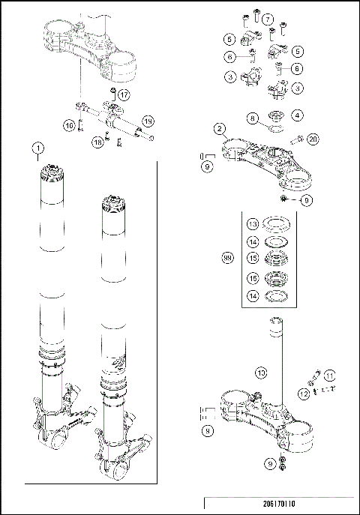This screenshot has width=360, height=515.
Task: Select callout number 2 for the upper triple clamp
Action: (x=219, y=128)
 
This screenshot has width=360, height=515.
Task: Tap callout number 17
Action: (x=124, y=94)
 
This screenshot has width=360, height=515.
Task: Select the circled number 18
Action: (x=97, y=141)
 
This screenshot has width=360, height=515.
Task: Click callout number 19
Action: (x=148, y=121)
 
